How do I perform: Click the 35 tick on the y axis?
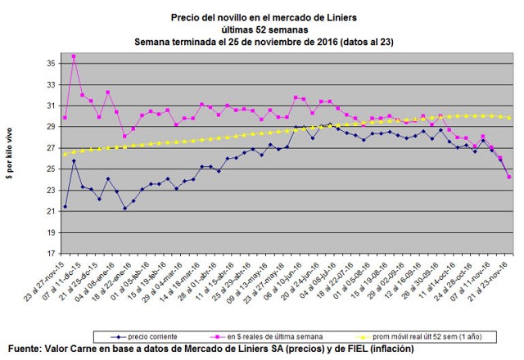[50, 64]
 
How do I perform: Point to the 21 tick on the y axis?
[50, 211]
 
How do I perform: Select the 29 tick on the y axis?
[50, 127]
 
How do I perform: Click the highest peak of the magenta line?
[74, 56]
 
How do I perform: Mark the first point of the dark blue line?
[65, 207]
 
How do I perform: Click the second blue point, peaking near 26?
[74, 161]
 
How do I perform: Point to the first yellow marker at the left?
[65, 154]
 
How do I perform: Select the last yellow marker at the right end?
[509, 118]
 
